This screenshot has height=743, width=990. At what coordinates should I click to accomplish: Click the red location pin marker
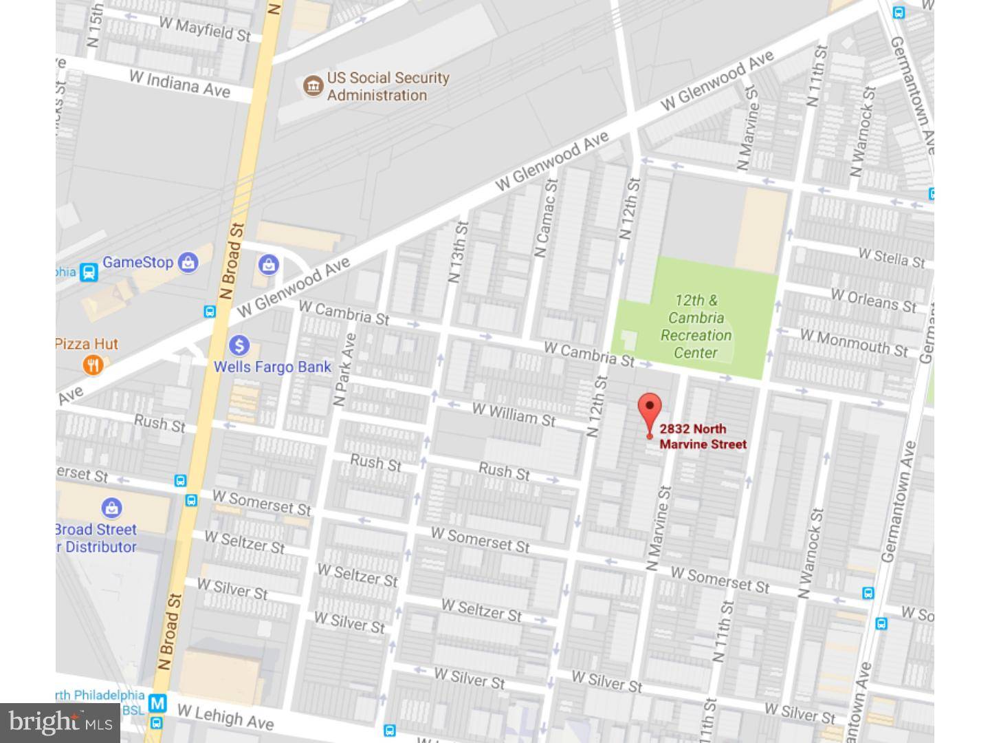[x=650, y=410]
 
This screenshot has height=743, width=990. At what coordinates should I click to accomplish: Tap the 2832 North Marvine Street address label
[x=703, y=437]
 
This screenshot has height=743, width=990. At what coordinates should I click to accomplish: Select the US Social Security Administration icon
[x=313, y=86]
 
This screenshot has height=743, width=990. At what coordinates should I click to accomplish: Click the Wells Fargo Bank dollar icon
[x=239, y=345]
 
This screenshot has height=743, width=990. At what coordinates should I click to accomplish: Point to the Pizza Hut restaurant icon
[x=93, y=365]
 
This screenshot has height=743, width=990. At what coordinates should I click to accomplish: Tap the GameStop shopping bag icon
[x=187, y=262]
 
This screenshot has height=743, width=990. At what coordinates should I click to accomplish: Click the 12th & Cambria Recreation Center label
[x=696, y=327]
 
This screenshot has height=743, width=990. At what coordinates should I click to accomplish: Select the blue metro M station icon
[x=158, y=703]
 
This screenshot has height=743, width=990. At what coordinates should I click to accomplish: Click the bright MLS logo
[x=60, y=722]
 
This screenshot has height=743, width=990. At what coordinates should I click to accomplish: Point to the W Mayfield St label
[x=204, y=29]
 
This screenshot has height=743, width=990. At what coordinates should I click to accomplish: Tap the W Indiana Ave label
[x=179, y=83]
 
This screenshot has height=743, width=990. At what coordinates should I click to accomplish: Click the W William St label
[x=514, y=414]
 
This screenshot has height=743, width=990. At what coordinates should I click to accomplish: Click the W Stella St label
[x=891, y=257]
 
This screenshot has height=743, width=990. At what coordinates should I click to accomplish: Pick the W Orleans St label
[x=873, y=300]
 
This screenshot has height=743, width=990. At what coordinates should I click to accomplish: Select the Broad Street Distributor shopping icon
[x=111, y=508]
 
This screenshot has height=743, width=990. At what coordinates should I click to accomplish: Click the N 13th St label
[x=458, y=252]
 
